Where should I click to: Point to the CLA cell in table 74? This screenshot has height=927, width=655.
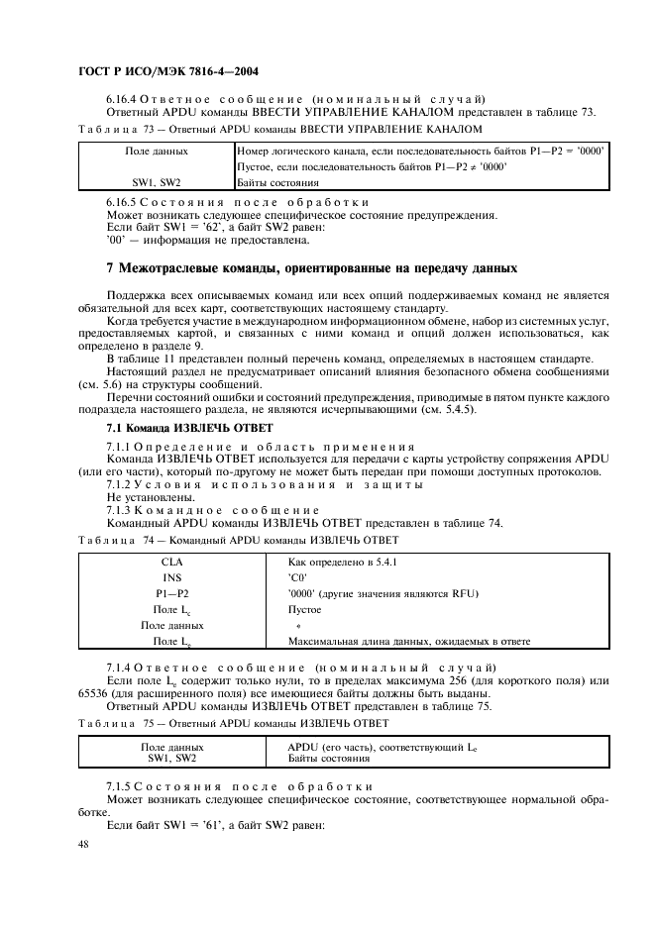click(172, 561)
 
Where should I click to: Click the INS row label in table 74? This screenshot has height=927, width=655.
click(172, 576)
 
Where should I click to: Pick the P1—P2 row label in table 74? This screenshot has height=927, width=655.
click(172, 593)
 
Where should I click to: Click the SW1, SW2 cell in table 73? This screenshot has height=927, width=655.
click(157, 183)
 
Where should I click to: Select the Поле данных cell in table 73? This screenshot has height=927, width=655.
click(157, 152)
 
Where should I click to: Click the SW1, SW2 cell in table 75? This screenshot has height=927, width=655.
click(172, 759)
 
